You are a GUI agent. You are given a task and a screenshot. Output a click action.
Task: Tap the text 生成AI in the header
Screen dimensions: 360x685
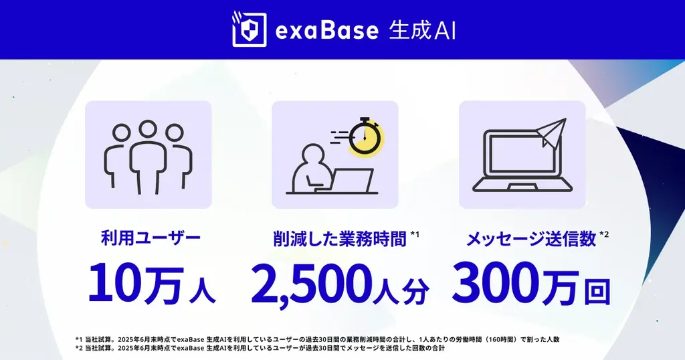422,30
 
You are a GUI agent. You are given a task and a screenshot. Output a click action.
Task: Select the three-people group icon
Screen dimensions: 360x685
148,155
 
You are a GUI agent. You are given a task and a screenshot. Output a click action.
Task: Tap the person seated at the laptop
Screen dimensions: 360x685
312,171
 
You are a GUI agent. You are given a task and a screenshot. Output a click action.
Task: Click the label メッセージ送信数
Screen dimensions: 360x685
530,239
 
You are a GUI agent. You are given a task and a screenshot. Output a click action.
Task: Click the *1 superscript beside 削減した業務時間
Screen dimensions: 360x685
415,234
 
